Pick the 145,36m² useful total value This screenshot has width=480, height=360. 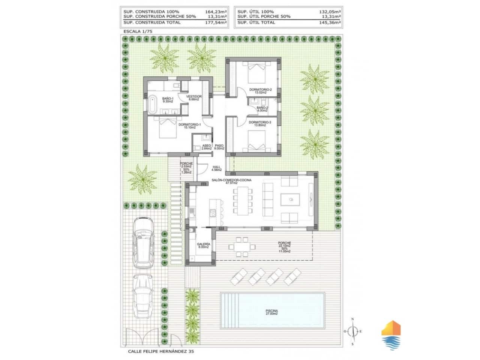[330, 22]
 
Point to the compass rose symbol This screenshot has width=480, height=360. [352, 331]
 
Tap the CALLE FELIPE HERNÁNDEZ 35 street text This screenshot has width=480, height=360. [161, 351]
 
